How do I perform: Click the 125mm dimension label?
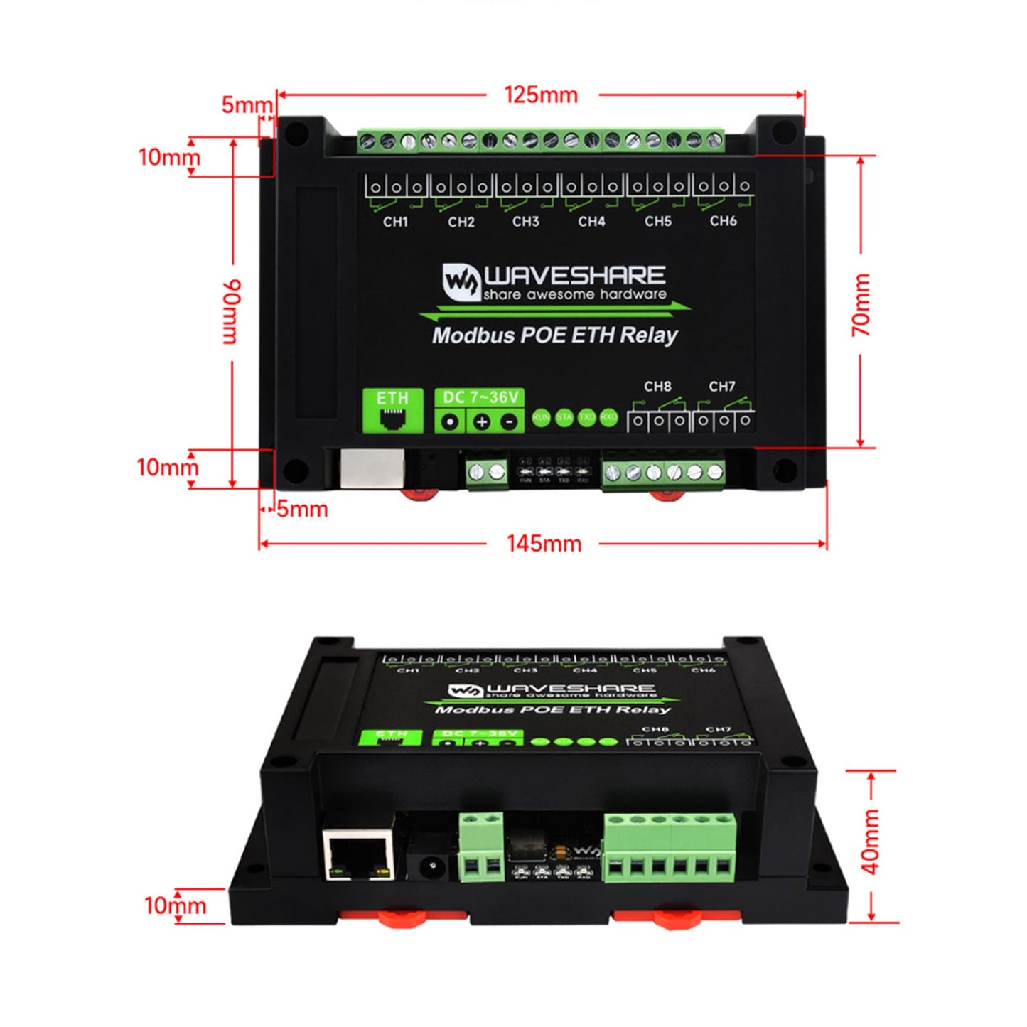tap(541, 95)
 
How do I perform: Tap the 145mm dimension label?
tap(544, 544)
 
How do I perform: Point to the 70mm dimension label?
tap(861, 305)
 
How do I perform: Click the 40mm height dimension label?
tap(871, 842)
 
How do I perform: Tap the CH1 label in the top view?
tap(396, 222)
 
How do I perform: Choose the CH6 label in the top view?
tap(723, 221)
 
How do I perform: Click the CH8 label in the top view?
tap(657, 387)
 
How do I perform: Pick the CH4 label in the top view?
tap(591, 222)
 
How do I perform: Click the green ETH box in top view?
tap(393, 410)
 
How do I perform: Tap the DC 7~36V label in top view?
tap(480, 397)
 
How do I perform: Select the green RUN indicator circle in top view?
tap(541, 417)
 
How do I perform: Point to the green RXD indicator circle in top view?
tap(608, 417)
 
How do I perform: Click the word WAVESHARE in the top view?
tap(574, 276)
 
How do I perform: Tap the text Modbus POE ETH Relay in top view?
tap(555, 335)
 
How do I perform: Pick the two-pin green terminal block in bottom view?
tap(481, 848)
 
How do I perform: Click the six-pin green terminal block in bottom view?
tap(670, 847)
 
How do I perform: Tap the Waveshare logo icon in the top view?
tap(461, 281)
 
